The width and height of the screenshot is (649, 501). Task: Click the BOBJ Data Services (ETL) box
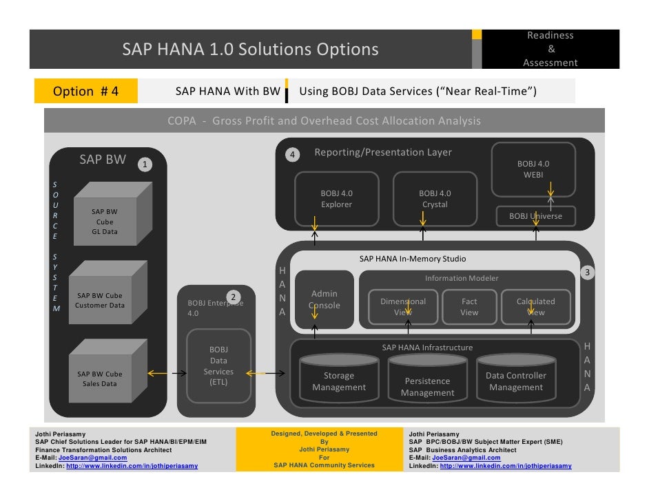coord(218,366)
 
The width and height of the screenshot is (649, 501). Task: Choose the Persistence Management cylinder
coord(427,385)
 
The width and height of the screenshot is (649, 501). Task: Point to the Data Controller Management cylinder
coord(516,381)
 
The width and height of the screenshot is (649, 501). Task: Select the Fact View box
coord(469,307)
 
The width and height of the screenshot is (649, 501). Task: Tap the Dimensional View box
coord(403,307)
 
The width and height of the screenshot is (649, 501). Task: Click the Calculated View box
coord(535,307)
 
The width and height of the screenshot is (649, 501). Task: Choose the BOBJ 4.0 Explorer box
coord(336,199)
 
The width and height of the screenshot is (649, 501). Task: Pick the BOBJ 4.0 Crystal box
coord(435,199)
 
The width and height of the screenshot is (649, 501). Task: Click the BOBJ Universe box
coord(535,216)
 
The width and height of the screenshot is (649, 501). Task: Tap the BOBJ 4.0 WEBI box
coord(533,169)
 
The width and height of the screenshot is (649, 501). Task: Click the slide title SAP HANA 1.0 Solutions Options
coord(251,50)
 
